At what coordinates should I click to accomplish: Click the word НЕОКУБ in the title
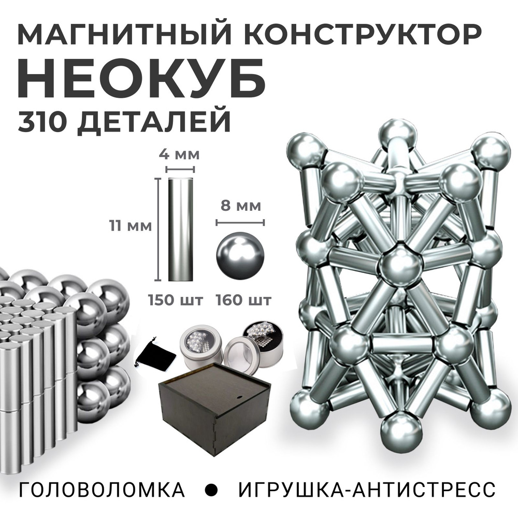click(x=142, y=79)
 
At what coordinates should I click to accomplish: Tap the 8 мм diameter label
click(x=240, y=206)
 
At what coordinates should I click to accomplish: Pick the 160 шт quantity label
click(x=243, y=300)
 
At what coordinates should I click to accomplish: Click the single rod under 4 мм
click(x=180, y=229)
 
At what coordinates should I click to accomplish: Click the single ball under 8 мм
click(x=240, y=256)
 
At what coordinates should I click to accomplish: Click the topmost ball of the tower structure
click(x=397, y=135)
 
